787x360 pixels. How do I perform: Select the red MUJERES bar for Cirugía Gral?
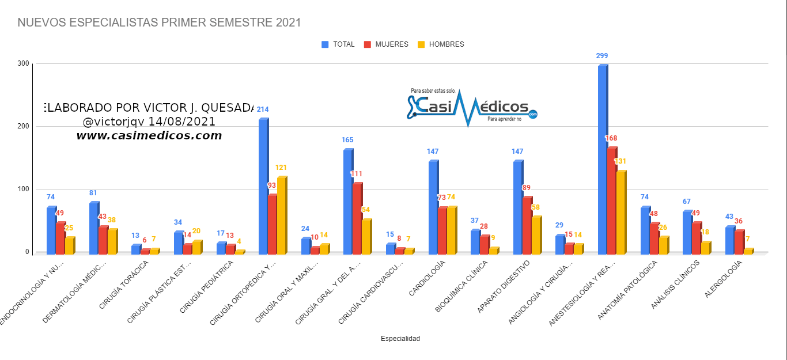[x=357, y=219]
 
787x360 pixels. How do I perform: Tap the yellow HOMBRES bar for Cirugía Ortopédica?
[x=281, y=216]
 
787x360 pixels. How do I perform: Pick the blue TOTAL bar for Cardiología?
[x=433, y=207]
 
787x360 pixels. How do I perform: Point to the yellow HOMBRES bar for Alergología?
[x=748, y=251]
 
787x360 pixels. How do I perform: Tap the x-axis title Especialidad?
[x=400, y=339]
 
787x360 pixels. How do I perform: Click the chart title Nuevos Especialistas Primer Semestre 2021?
[x=159, y=23]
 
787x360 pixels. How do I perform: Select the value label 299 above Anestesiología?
[x=602, y=56]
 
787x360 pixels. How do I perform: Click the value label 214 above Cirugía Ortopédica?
[x=263, y=109]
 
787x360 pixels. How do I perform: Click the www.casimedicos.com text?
[x=149, y=136]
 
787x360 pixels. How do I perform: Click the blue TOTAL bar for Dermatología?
[x=93, y=228]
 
